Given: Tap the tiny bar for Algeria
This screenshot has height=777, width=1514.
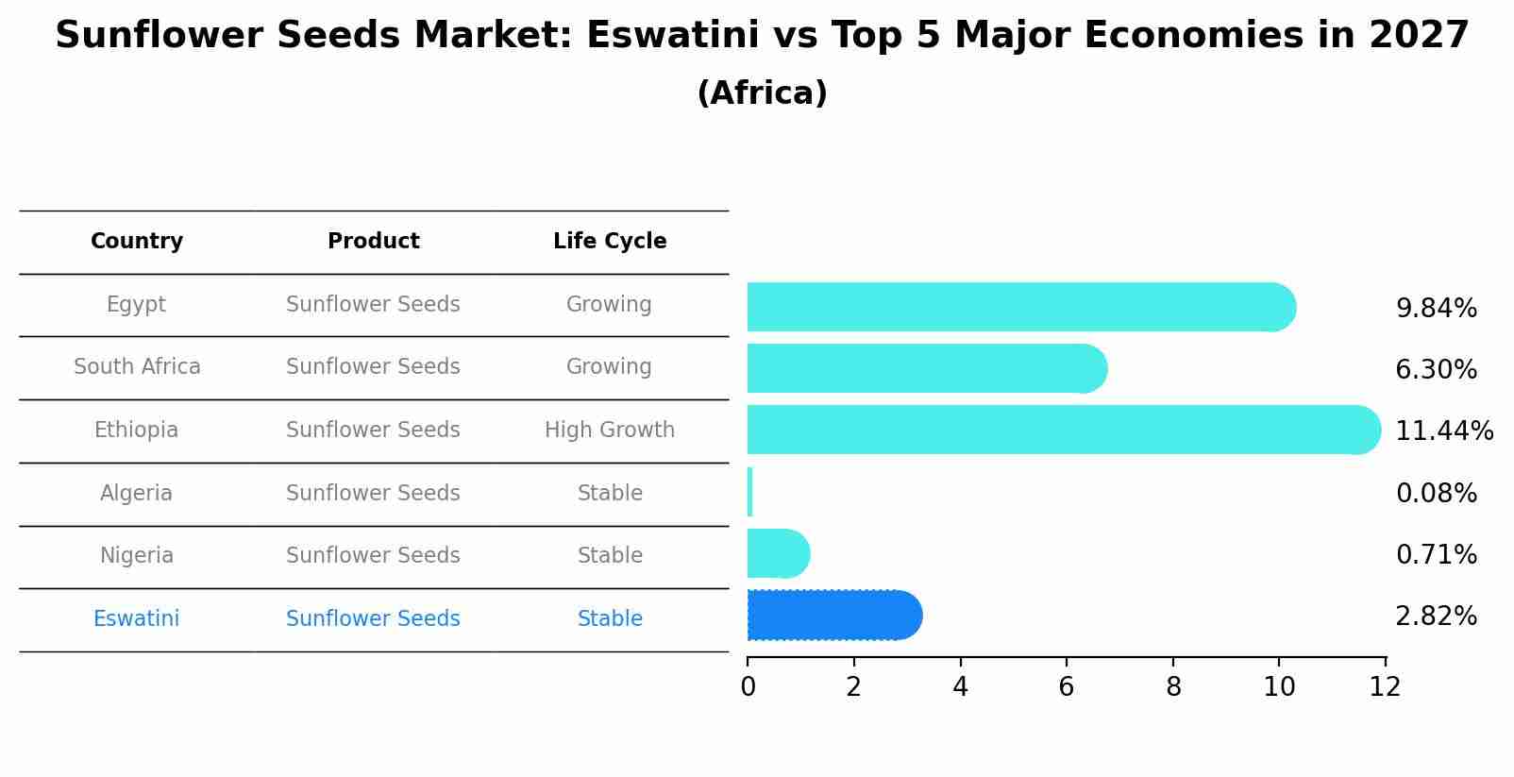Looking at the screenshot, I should pos(749,492).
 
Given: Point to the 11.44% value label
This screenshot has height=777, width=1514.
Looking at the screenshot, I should pos(1443,431).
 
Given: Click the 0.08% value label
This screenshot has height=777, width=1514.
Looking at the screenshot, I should pos(1436,494).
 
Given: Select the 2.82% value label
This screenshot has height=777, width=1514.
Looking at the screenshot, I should pos(1436,617).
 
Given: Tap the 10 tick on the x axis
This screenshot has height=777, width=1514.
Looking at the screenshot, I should pos(1279,687).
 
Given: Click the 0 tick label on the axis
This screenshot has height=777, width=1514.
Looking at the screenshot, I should pos(748,687).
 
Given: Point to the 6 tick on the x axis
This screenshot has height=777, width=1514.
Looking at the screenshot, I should pos(1067,687).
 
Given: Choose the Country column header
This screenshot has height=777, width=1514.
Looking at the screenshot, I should pos(137,242).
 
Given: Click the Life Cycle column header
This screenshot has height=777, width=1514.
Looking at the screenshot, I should pos(610,242).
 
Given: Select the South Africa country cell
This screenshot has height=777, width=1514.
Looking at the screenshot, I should pos(137,367).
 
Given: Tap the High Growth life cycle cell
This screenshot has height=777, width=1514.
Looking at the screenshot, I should pos(610,431).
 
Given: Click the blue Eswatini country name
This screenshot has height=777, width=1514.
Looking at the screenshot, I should pos(136,619).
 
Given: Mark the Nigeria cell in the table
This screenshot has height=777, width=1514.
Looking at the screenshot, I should pos(137,556).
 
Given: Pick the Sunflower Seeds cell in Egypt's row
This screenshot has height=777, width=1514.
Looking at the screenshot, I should pos(373,305).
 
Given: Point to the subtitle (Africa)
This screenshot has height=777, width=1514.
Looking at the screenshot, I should pos(762,93).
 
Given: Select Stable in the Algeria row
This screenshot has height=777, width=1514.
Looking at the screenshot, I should pos(610,494).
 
